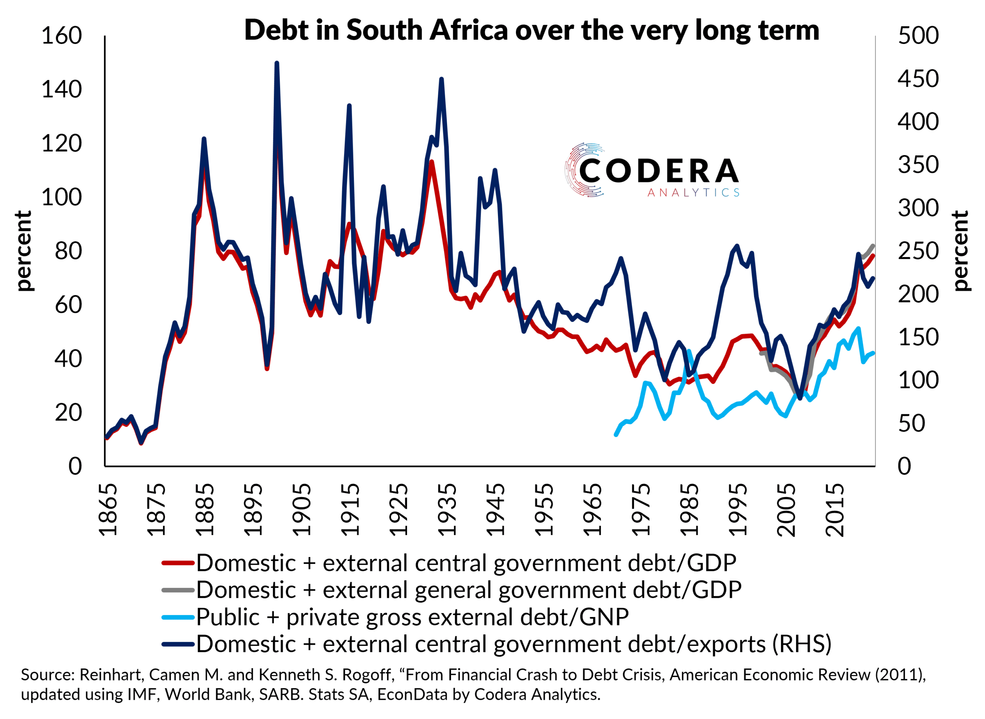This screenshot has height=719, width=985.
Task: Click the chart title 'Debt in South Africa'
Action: [531, 30]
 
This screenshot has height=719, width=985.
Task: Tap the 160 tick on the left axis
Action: [62, 36]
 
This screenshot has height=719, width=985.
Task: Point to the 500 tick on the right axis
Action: [918, 36]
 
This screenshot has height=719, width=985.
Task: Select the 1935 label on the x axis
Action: [447, 510]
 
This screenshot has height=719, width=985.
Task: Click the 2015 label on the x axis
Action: [835, 510]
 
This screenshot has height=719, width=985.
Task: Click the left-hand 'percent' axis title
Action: [23, 251]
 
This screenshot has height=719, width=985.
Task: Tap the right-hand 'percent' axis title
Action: [960, 251]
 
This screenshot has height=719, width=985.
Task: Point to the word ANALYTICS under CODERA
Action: [693, 193]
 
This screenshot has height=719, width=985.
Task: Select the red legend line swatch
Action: [178, 563]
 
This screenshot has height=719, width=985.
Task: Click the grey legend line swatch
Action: [178, 590]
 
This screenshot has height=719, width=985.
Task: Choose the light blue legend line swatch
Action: [178, 617]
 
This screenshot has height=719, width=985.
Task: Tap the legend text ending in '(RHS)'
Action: [514, 644]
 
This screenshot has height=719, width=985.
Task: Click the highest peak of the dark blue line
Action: [277, 63]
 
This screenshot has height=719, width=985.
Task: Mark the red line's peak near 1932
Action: [431, 162]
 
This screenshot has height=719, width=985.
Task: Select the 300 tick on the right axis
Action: [918, 208]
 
